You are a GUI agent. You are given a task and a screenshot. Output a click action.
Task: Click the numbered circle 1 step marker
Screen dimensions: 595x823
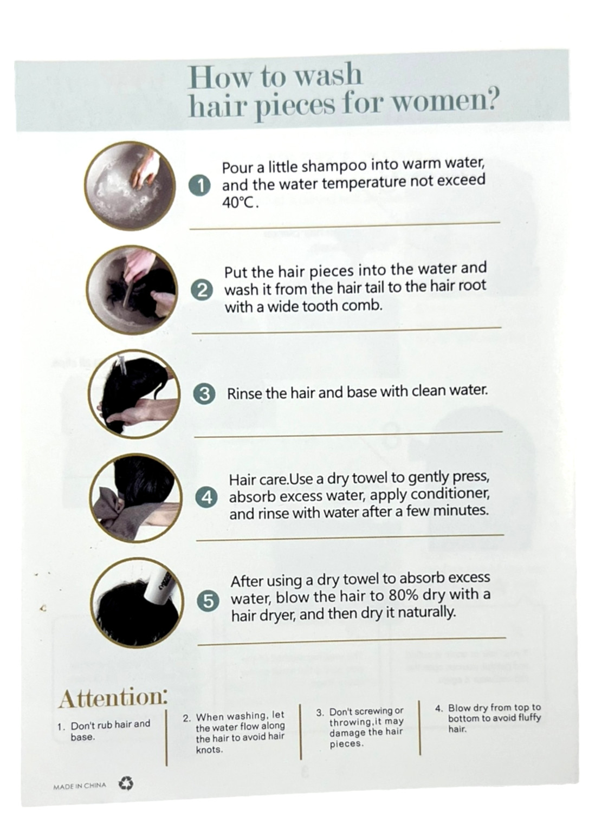tap(200, 186)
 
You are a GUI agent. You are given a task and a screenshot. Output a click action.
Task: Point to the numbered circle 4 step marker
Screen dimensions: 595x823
tap(207, 498)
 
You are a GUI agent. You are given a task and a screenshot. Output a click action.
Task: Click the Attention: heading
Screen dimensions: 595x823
tap(113, 698)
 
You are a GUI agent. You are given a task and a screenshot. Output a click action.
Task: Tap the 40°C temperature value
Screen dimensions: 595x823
tap(238, 203)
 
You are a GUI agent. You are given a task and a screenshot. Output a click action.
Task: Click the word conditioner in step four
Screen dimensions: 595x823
tap(450, 495)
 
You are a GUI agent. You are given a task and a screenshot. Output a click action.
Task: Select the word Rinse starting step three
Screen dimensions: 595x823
tap(244, 394)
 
